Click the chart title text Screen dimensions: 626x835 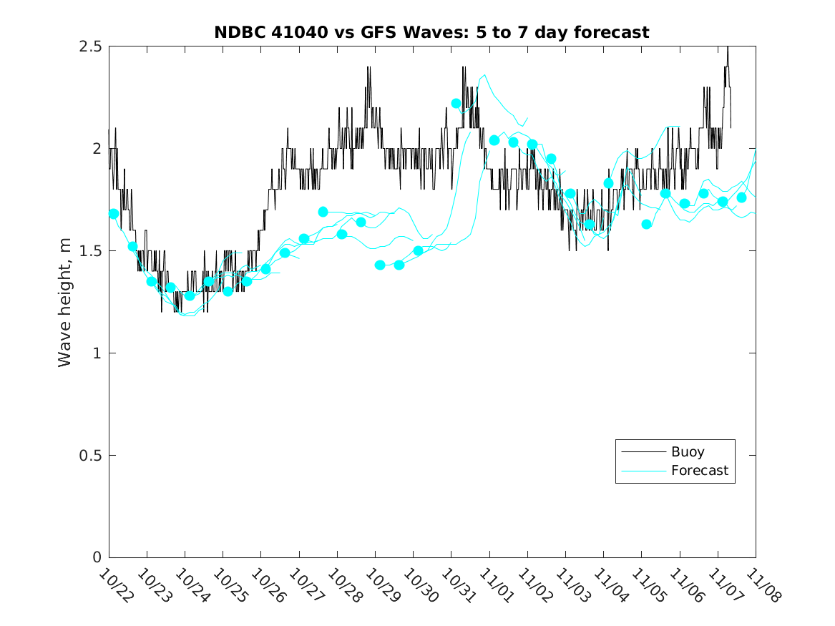[x=431, y=32]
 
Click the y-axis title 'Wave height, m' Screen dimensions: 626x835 [x=65, y=302]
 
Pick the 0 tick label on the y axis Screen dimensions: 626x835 [x=97, y=558]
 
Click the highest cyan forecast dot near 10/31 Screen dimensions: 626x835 [x=456, y=104]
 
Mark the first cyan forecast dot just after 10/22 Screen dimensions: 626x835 [x=114, y=214]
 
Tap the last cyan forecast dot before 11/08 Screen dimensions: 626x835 [x=741, y=197]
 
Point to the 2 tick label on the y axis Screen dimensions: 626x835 [x=97, y=149]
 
